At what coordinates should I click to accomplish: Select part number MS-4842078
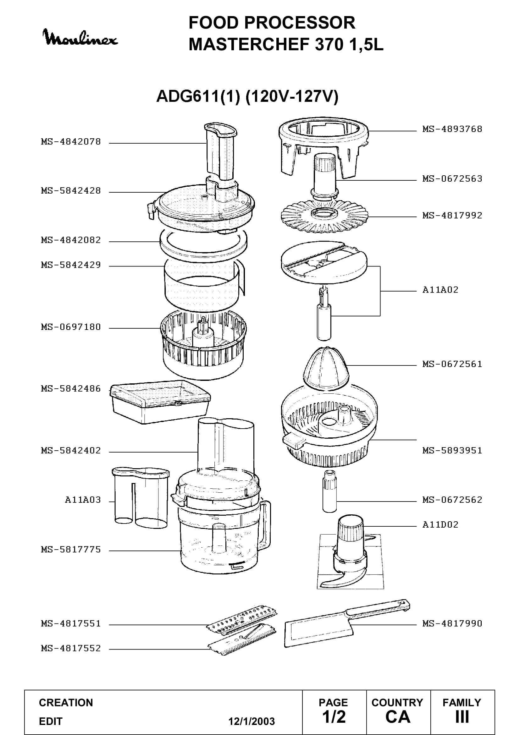pos(71,141)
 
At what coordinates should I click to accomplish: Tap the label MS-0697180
pos(71,327)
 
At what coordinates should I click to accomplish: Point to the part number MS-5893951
pos(452,450)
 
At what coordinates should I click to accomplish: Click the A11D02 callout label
pos(440,524)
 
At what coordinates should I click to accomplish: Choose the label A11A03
pos(83,500)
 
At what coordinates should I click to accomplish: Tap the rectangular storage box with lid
pos(160,402)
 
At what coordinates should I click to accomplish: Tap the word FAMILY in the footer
pos(462,703)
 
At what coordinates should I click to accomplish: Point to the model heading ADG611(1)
pos(198,96)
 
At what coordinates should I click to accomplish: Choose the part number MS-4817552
pos(71,648)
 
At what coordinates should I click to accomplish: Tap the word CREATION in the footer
pos(66,703)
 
